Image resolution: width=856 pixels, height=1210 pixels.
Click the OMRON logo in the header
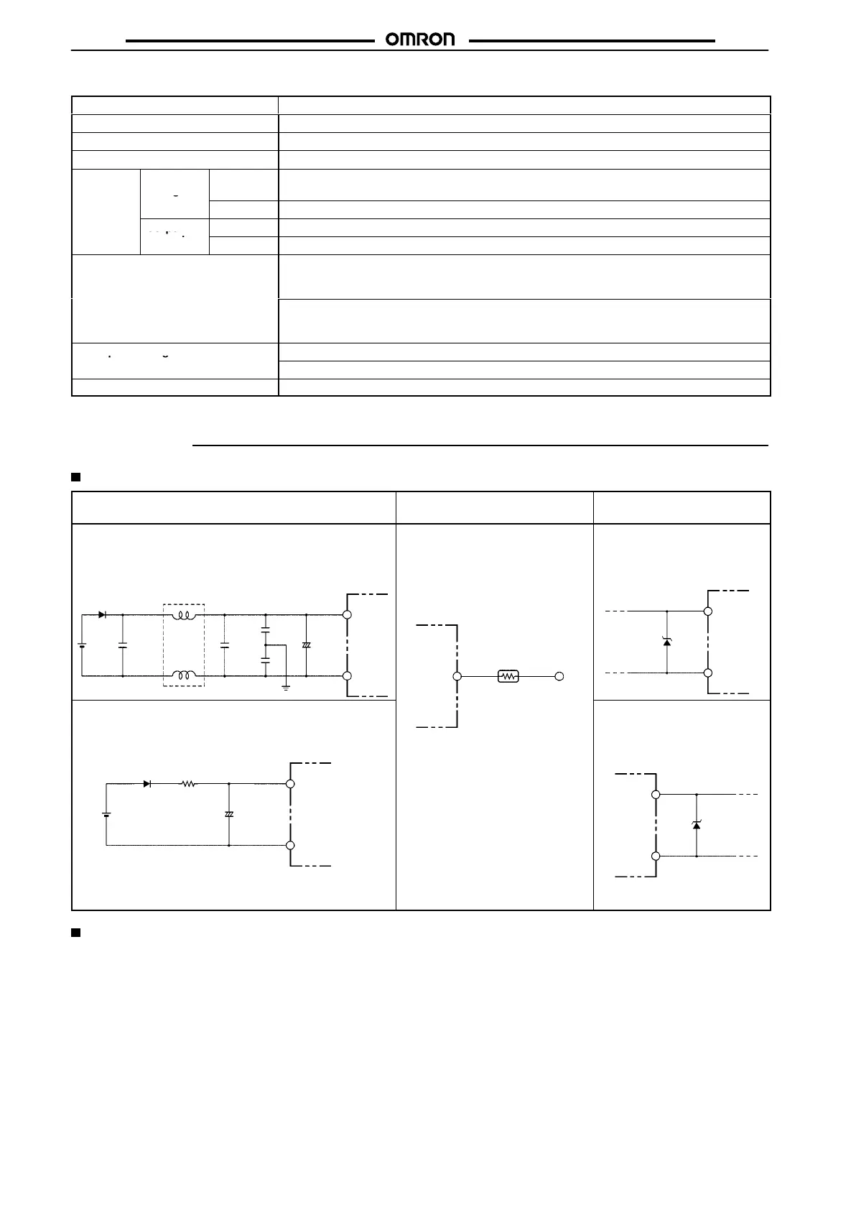point(420,40)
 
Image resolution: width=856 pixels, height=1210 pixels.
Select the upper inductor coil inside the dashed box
point(185,615)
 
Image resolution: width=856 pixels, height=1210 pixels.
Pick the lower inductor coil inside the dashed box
point(185,675)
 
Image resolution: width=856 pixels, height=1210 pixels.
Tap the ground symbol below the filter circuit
point(286,688)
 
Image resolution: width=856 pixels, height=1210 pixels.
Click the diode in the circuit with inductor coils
point(103,615)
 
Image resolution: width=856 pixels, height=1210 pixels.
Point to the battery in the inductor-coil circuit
point(82,645)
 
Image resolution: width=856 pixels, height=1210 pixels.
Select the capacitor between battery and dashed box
point(123,645)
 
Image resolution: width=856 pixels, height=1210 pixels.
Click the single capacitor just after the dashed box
point(225,645)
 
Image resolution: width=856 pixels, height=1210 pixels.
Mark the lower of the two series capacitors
point(266,660)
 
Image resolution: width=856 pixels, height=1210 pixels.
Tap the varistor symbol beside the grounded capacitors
point(307,645)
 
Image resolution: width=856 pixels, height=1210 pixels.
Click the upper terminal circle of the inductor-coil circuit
point(347,615)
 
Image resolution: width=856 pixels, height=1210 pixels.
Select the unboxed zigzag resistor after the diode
point(188,784)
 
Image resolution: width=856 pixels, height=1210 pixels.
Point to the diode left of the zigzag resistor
point(147,784)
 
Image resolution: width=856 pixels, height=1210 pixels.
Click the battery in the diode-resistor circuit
point(106,814)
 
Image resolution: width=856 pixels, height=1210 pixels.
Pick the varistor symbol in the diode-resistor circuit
point(229,814)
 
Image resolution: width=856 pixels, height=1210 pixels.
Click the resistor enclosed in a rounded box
point(508,676)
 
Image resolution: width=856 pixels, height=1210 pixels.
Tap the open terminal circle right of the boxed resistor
point(559,676)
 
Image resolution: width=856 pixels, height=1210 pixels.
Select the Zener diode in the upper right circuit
point(667,642)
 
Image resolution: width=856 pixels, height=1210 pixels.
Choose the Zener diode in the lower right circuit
point(696,825)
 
